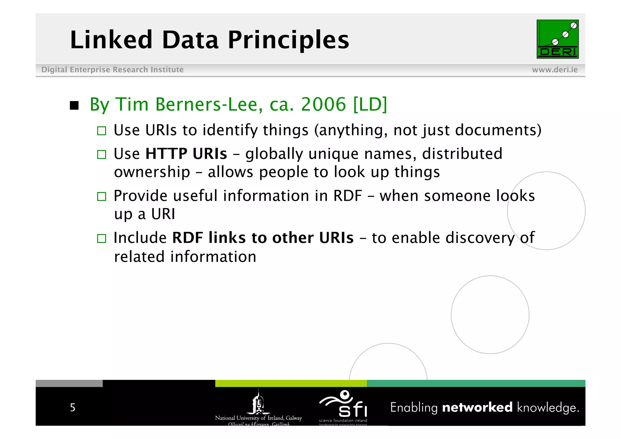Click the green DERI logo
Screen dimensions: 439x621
557,39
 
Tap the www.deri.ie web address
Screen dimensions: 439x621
555,70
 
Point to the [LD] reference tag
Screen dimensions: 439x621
370,104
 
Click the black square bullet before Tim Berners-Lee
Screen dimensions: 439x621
74,106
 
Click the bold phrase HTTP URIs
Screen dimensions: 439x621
186,154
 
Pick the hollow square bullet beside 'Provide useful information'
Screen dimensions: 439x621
102,197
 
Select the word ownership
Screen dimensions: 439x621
152,172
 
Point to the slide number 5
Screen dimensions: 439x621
73,407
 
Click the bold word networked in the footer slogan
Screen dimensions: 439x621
477,407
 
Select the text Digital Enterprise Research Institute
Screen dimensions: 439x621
112,70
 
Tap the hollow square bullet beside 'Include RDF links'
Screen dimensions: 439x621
102,238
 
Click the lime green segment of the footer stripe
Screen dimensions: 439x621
291,383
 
